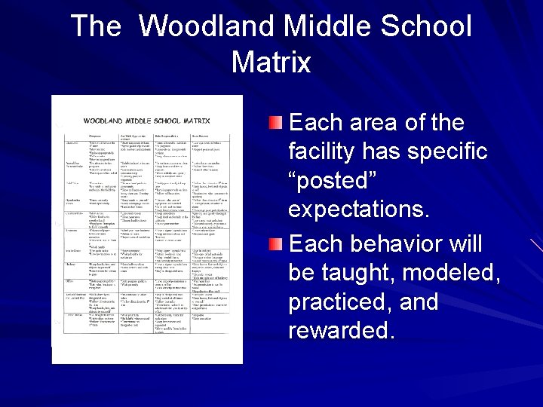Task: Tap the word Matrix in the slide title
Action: pos(271,62)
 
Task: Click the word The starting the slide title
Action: pos(97,26)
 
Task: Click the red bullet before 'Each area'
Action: pos(278,121)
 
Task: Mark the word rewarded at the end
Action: pos(342,331)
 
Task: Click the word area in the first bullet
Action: pos(373,123)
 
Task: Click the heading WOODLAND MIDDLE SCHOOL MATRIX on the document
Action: pos(147,120)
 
